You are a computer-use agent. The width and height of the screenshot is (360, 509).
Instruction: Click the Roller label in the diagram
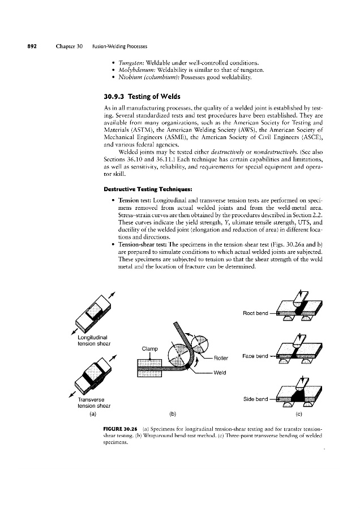(224, 357)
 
